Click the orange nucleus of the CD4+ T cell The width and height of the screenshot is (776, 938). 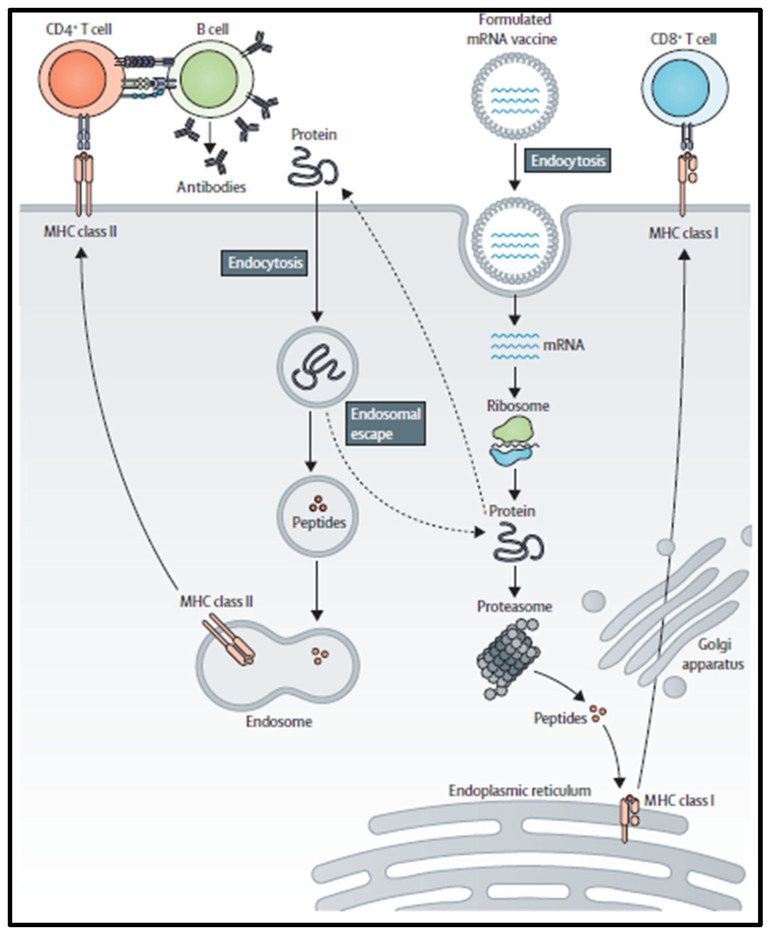pyautogui.click(x=78, y=79)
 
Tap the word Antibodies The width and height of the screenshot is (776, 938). pyautogui.click(x=211, y=187)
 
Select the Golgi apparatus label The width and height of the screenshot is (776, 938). pyautogui.click(x=713, y=654)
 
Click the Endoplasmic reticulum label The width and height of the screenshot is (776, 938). pyautogui.click(x=519, y=791)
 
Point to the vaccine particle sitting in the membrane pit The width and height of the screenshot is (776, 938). pyautogui.click(x=515, y=241)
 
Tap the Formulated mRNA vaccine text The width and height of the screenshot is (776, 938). pyautogui.click(x=512, y=29)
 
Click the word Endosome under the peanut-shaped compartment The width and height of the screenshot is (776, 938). pyautogui.click(x=279, y=721)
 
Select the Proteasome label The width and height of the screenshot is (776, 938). pyautogui.click(x=515, y=607)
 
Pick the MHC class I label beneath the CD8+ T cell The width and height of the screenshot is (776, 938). pyautogui.click(x=683, y=233)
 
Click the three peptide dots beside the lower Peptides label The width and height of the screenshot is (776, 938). pyautogui.click(x=597, y=713)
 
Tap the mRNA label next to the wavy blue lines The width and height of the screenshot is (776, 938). pyautogui.click(x=564, y=345)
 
